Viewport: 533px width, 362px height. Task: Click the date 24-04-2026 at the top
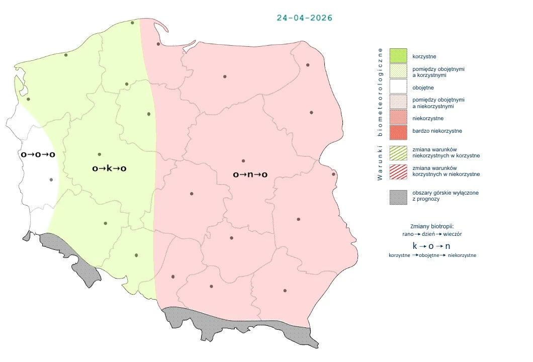click(304, 18)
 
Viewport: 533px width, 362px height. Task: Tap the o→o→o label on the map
click(38, 154)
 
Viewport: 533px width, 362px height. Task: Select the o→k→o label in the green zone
click(109, 168)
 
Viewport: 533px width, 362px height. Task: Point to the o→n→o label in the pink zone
click(250, 174)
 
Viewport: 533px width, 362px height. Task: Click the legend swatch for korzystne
click(398, 56)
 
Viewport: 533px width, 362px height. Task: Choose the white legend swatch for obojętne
click(398, 87)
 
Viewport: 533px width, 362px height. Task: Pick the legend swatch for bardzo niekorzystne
click(398, 132)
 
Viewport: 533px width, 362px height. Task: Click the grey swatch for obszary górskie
click(398, 197)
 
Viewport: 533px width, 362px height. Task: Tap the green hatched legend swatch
click(398, 152)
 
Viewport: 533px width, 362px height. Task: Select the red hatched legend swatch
click(398, 171)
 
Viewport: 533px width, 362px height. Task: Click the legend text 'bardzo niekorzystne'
click(436, 131)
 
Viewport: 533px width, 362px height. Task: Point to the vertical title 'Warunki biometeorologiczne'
click(380, 114)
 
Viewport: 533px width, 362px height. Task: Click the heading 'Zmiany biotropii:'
click(432, 226)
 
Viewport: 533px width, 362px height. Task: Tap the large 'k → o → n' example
click(431, 246)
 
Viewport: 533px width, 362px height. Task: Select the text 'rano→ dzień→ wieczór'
click(432, 234)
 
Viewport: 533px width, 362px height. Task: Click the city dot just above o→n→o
click(243, 161)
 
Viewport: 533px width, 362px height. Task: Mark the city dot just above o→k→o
click(100, 154)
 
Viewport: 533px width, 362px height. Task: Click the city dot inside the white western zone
click(51, 179)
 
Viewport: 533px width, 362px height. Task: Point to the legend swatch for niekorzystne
click(398, 118)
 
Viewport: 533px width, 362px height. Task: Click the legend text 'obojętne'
click(423, 87)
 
